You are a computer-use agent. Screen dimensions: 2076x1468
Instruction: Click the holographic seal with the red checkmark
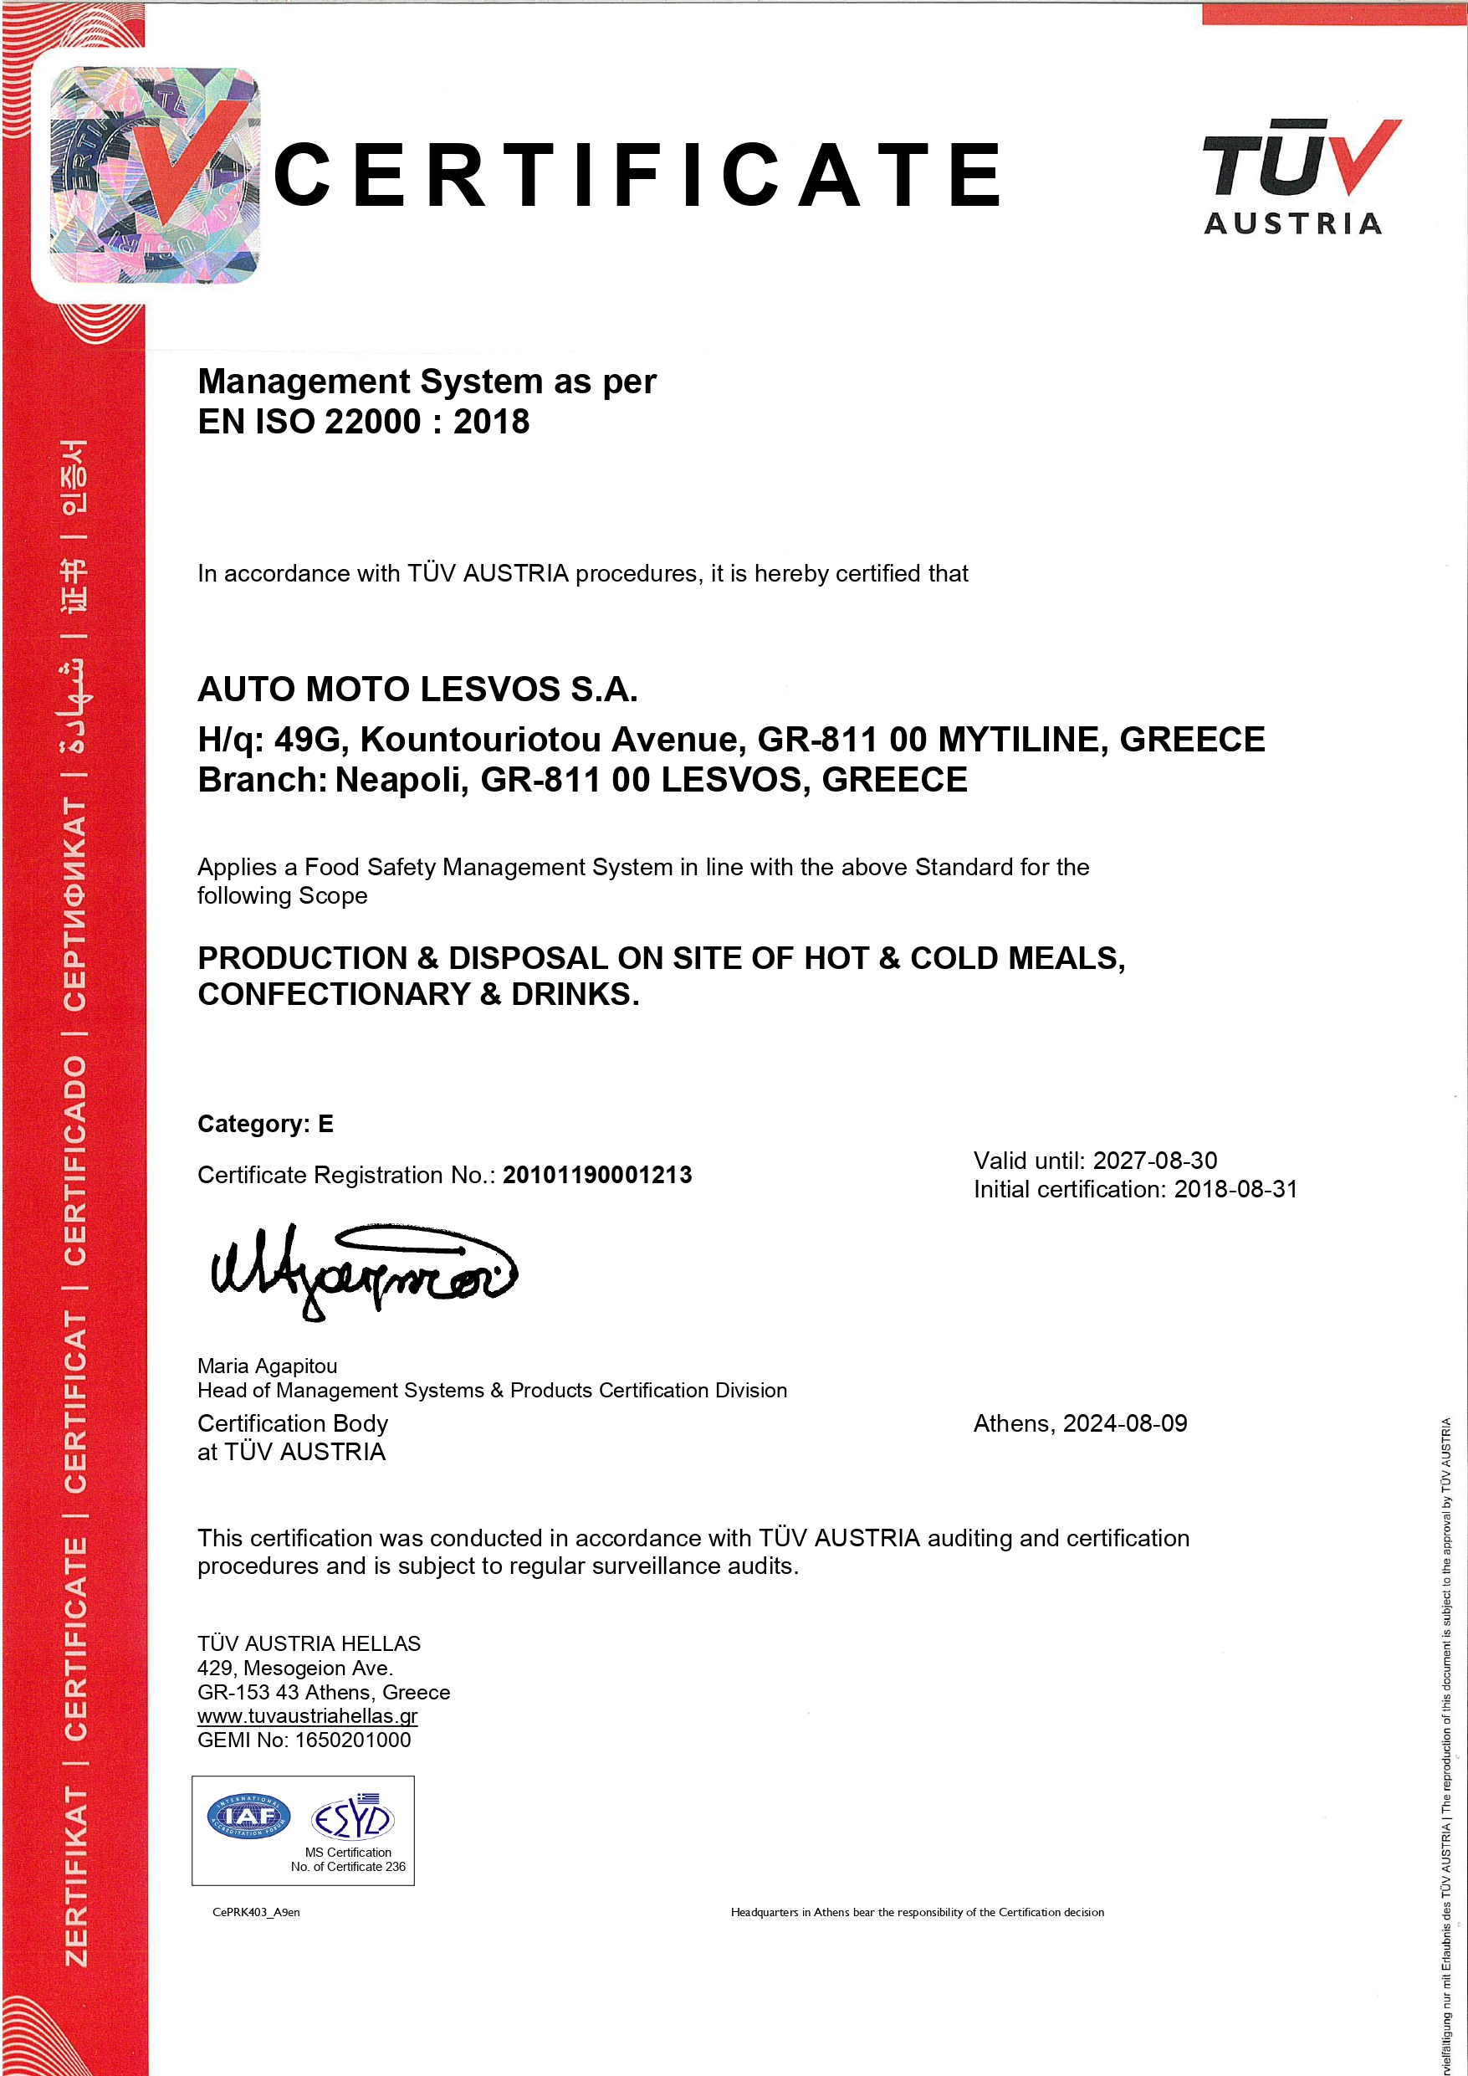pyautogui.click(x=155, y=175)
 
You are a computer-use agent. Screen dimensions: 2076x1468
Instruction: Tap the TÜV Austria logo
pyautogui.click(x=1300, y=177)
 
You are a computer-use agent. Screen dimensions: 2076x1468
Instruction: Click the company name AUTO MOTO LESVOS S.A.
pyautogui.click(x=417, y=689)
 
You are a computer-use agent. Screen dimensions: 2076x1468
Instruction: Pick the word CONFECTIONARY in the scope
pyautogui.click(x=335, y=995)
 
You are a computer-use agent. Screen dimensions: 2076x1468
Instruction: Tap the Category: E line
pyautogui.click(x=266, y=1124)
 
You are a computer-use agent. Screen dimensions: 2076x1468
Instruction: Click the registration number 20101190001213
pyautogui.click(x=597, y=1175)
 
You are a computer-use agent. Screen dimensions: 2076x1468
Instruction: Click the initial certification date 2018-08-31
pyautogui.click(x=1235, y=1189)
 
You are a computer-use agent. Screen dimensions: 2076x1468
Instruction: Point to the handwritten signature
pyautogui.click(x=361, y=1269)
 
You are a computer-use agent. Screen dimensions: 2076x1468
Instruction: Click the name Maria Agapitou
pyautogui.click(x=268, y=1366)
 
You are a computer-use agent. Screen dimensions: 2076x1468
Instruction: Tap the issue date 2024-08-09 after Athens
pyautogui.click(x=1124, y=1423)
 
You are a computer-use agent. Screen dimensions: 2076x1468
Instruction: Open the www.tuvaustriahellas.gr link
pyautogui.click(x=307, y=1716)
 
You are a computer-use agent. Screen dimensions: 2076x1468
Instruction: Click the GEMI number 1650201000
pyautogui.click(x=352, y=1740)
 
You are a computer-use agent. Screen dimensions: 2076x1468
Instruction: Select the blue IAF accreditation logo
pyautogui.click(x=248, y=1817)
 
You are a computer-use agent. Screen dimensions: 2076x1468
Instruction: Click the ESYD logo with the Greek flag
pyautogui.click(x=352, y=1817)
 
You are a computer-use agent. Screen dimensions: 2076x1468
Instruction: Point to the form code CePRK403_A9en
pyautogui.click(x=256, y=1912)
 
